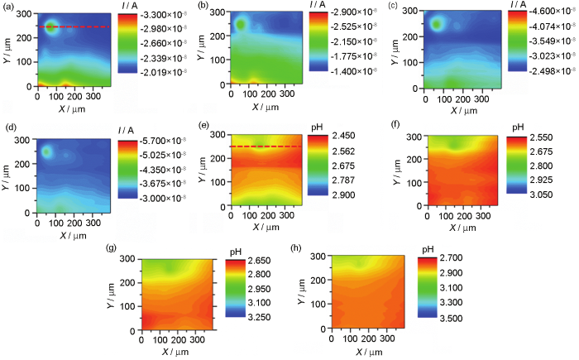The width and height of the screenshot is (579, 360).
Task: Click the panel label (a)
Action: click(10, 7)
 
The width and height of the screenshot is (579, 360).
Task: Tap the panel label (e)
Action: click(203, 127)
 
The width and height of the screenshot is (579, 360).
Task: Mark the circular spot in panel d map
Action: click(47, 152)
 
